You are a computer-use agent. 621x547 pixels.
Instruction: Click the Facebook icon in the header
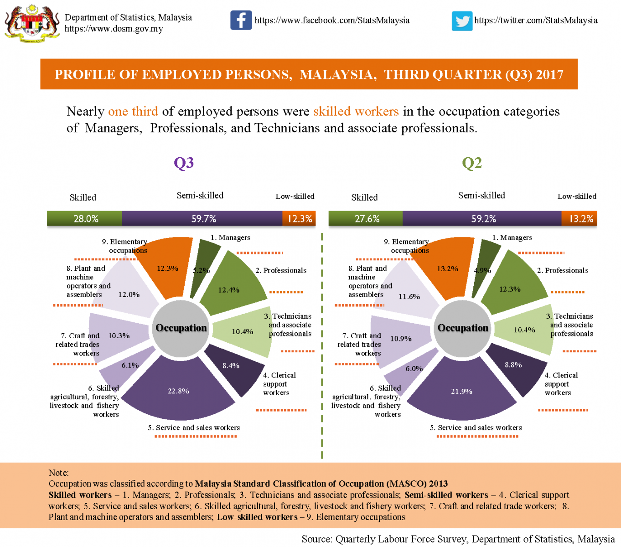[x=241, y=20]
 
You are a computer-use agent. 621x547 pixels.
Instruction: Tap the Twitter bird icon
[x=462, y=21]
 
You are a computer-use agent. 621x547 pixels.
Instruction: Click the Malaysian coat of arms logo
[x=32, y=24]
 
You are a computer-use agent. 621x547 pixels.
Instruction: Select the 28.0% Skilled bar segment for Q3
[x=85, y=219]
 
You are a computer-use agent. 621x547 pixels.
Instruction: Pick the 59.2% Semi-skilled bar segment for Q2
[x=482, y=219]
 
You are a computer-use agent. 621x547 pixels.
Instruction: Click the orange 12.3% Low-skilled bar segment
[x=299, y=219]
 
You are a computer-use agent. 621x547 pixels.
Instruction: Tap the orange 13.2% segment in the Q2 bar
[x=580, y=219]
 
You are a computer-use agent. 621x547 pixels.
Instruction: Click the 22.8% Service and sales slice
[x=178, y=391]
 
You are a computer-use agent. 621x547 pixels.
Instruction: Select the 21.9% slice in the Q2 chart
[x=461, y=391]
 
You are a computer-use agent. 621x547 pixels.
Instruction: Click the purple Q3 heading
[x=184, y=163]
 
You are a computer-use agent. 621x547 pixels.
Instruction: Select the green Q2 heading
[x=472, y=163]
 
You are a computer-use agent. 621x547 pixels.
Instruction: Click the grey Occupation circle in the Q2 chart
[x=463, y=328]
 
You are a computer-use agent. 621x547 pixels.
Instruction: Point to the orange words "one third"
[x=133, y=112]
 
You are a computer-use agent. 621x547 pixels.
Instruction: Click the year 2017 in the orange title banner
[x=549, y=74]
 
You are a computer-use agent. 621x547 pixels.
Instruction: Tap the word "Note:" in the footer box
[x=59, y=473]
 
